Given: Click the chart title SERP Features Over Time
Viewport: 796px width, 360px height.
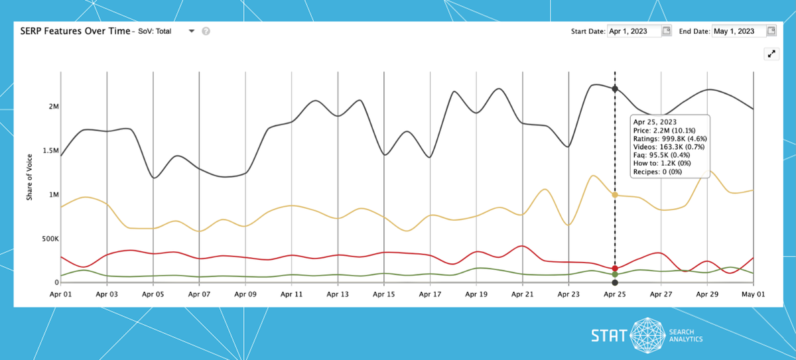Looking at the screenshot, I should point(74,31).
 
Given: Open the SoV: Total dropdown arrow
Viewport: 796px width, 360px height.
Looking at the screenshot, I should point(191,31).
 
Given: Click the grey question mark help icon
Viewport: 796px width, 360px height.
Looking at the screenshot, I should point(206,31).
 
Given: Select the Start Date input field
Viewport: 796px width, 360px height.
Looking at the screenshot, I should point(634,31).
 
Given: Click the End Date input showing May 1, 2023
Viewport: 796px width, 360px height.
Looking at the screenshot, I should point(738,31).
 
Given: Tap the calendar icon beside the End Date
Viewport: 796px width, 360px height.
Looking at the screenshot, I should point(771,30).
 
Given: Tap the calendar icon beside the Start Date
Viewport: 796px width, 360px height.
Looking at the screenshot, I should point(667,30).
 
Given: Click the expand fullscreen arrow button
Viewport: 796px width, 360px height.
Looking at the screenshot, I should point(771,54).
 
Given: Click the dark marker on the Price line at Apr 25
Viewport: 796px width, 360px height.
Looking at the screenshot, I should point(615,89).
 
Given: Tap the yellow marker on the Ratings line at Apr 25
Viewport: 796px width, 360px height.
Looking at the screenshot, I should point(615,195).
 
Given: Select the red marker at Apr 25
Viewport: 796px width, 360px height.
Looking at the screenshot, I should point(615,268).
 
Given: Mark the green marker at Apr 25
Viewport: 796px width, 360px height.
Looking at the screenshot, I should point(615,274).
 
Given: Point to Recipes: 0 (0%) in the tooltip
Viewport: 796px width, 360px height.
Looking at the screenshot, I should point(657,172).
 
